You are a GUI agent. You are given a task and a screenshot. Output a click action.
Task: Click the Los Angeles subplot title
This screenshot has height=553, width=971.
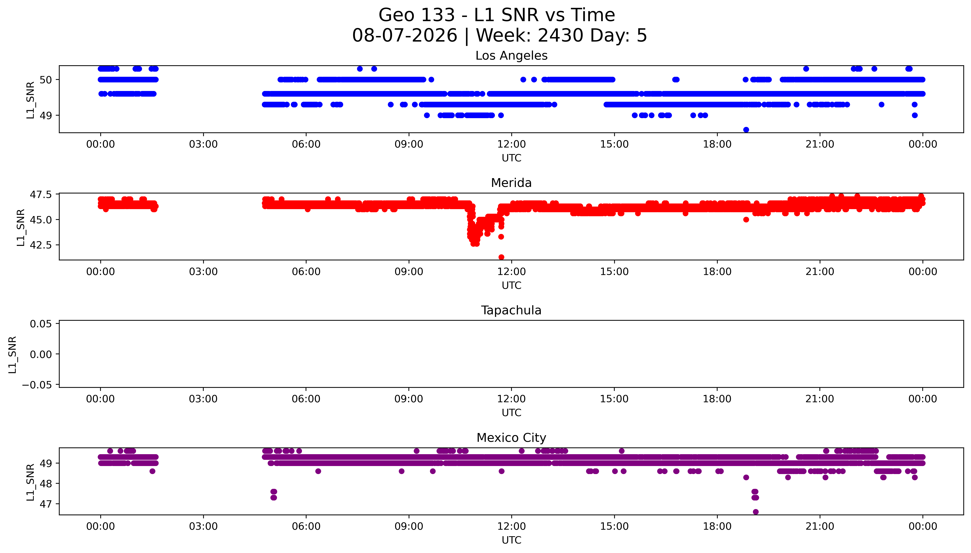(511, 56)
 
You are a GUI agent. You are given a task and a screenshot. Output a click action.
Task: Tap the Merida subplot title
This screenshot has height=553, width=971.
(511, 183)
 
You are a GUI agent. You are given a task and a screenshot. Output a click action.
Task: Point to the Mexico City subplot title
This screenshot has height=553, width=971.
(511, 438)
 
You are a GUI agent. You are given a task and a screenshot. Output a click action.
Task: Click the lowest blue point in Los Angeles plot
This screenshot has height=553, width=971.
(746, 129)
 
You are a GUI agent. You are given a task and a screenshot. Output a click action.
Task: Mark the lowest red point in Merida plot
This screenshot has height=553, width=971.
(501, 257)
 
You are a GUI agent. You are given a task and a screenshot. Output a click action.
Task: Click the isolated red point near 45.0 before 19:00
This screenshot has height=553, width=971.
(746, 220)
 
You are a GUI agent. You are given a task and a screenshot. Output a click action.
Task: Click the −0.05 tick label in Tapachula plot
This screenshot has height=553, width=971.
(37, 385)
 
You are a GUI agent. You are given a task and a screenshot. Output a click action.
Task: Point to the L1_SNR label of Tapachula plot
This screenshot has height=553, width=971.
(13, 354)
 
